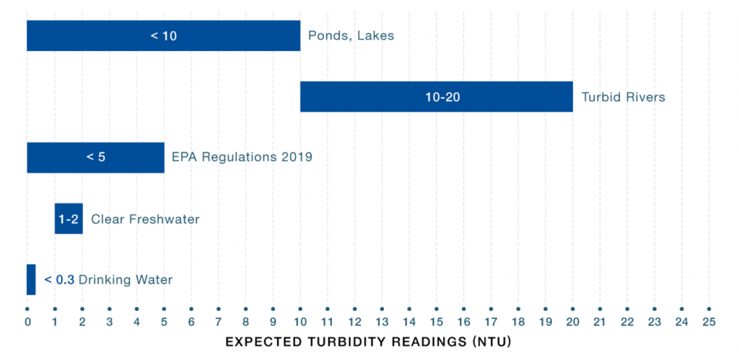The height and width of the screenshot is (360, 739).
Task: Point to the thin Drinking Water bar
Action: (x=31, y=279)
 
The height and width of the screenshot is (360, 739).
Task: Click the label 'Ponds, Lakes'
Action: (x=351, y=35)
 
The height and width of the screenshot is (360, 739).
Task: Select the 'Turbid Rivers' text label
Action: (x=623, y=97)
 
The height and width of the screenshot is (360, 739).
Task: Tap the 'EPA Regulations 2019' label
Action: (x=242, y=157)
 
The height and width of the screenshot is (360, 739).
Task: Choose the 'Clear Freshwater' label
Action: (x=145, y=219)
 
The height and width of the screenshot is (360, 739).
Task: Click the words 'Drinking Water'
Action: (x=126, y=280)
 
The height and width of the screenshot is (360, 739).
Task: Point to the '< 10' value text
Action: (x=163, y=35)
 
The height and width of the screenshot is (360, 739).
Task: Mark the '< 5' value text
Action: (x=96, y=157)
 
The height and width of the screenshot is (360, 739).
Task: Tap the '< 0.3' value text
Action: (x=59, y=280)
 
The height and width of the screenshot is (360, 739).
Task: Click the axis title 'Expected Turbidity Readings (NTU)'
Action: (x=368, y=341)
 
